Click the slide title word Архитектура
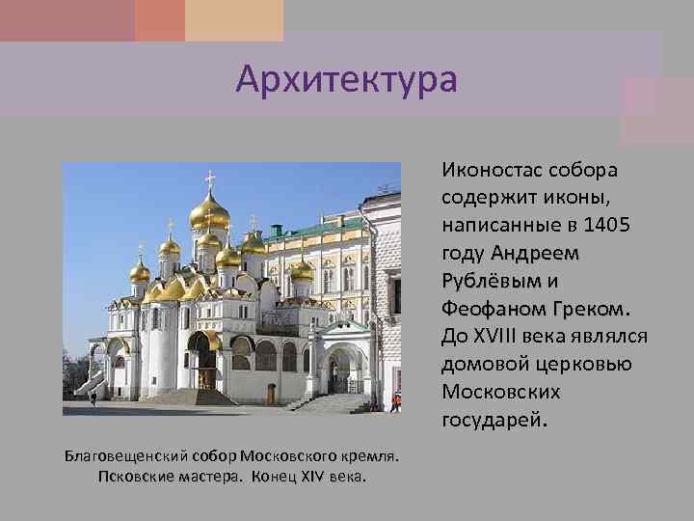point(346,78)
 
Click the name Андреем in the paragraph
point(535,254)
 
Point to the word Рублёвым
point(491,282)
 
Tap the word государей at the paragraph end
point(493,420)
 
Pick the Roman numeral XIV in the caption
point(308,476)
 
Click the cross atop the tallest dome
point(210,178)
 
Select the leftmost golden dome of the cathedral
point(140,270)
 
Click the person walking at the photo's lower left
point(93,397)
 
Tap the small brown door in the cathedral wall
point(271,394)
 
